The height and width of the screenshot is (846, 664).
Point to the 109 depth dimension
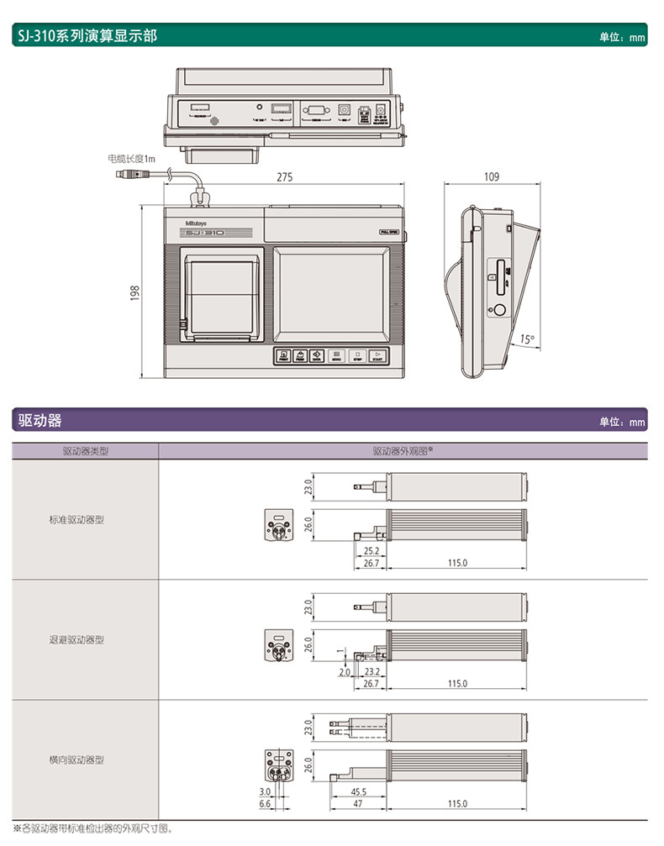[492, 176]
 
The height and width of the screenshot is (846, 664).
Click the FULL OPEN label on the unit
[389, 233]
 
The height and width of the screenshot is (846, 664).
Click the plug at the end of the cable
[129, 175]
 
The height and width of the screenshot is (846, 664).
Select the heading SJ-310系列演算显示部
[85, 36]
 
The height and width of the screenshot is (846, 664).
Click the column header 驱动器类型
[86, 451]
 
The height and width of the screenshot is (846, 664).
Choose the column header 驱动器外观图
[403, 451]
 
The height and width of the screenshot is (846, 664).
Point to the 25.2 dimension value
[372, 551]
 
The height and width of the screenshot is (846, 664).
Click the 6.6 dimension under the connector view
[265, 803]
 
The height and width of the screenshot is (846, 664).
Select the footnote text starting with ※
[93, 829]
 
